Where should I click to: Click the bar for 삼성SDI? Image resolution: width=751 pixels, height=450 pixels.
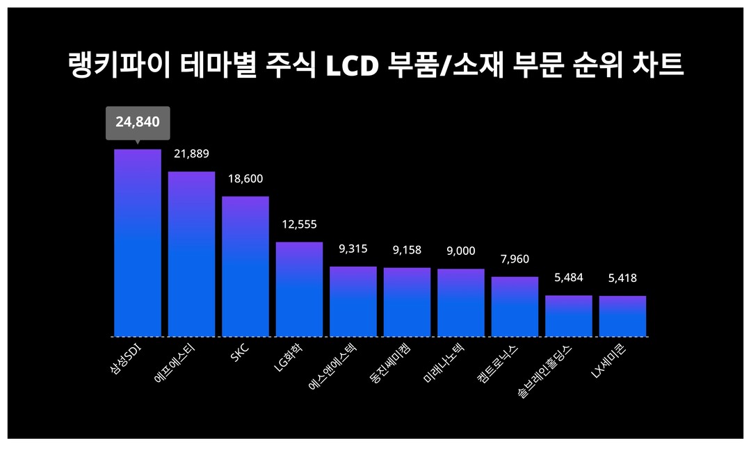click(138, 243)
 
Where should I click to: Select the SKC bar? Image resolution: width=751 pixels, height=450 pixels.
click(245, 267)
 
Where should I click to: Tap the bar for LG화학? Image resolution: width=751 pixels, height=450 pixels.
click(299, 290)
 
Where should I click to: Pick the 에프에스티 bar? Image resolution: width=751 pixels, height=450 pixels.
click(191, 254)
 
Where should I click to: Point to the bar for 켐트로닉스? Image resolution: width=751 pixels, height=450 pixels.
click(515, 307)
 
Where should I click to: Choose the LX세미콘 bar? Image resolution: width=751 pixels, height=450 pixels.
click(622, 316)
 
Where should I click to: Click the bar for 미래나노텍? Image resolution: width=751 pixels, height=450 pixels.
click(461, 303)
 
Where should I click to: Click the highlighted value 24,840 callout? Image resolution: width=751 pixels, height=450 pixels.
click(138, 123)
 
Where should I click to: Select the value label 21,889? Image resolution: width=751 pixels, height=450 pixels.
click(191, 153)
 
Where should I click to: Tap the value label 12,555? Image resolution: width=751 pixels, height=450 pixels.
click(299, 224)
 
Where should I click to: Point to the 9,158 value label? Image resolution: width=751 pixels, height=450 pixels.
click(407, 249)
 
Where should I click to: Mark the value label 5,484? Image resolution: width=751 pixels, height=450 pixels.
click(568, 278)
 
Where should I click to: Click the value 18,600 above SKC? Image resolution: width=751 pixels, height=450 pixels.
click(245, 179)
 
